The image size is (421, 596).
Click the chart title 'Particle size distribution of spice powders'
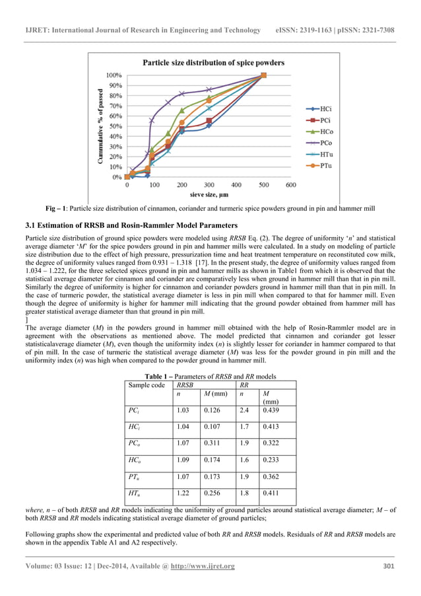pos(214,63)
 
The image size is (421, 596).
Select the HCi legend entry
pos(322,108)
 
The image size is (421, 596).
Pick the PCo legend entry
pos(322,142)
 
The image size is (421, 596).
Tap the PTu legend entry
pos(322,165)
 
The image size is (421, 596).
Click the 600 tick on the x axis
pos(291,185)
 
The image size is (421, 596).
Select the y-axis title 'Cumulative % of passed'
pos(101,126)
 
